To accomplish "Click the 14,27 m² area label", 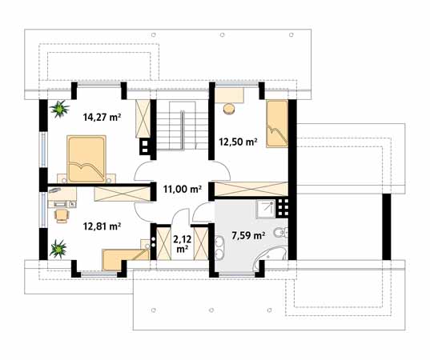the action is point(102,118).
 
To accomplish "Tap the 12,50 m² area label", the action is point(238,142).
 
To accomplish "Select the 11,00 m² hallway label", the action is point(183,189).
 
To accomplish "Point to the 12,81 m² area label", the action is point(102,226).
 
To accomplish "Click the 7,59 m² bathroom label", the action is point(248,236).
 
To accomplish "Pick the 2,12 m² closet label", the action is point(182,244).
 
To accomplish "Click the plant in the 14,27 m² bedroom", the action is point(59,109).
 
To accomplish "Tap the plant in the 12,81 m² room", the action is point(58,249).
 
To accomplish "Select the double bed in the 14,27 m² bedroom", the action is point(86,158).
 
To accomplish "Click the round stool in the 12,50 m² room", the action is point(229,109).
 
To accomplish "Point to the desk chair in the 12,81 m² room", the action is point(62,216).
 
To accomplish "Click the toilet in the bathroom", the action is point(281,233).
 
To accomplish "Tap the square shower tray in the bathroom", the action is point(266,209).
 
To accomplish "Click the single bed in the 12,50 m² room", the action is point(277,124).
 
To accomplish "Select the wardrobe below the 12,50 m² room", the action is point(251,189).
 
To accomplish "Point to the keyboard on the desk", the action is point(60,203).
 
